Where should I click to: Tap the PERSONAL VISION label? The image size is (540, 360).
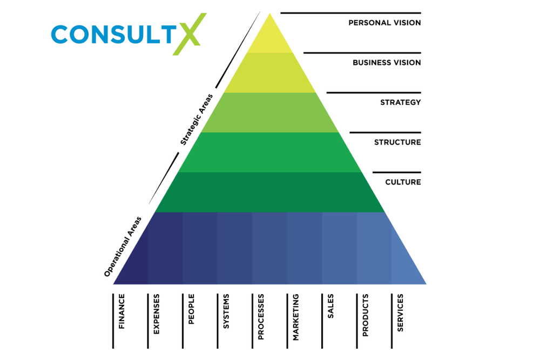(x=384, y=23)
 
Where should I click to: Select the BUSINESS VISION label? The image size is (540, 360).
(x=387, y=63)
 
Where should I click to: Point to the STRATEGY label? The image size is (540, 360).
(x=400, y=103)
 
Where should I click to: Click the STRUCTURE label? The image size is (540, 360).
(x=397, y=142)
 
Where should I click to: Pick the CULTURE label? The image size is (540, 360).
(x=403, y=182)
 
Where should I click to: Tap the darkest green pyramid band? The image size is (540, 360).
(x=270, y=192)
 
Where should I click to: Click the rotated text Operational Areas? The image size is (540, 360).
(x=123, y=247)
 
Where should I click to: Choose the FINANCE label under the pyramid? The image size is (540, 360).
(x=122, y=311)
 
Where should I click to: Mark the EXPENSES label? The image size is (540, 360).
(x=157, y=314)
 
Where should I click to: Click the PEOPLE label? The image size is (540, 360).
(x=191, y=309)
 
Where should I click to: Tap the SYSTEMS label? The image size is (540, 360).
(x=226, y=311)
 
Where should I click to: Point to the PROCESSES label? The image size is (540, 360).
(x=261, y=317)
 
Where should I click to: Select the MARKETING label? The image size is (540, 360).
(x=295, y=317)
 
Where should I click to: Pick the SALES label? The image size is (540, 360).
(x=330, y=307)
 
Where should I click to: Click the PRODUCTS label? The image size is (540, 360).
(x=365, y=315)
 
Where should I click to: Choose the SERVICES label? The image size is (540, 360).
(x=400, y=313)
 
